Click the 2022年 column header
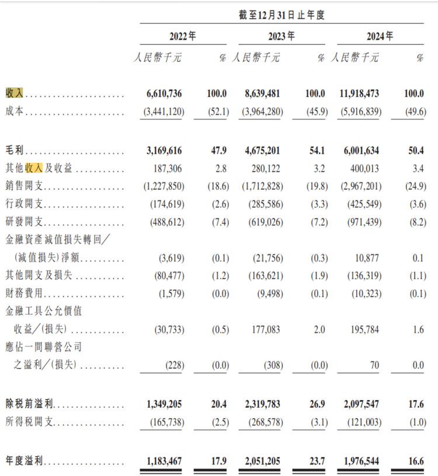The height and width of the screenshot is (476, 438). tap(182, 36)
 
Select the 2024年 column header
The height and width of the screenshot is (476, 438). tap(380, 36)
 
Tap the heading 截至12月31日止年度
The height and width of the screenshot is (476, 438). tap(281, 15)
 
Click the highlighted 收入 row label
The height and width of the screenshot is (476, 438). tap(15, 93)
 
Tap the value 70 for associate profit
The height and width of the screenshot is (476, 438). tap(374, 366)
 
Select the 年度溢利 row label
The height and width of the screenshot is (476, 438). tap(23, 461)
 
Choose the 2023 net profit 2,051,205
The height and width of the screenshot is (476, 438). tap(259, 461)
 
